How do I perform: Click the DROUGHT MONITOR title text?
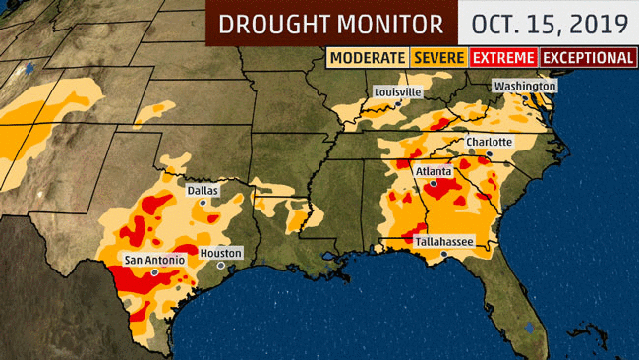330,23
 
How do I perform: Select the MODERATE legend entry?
367,58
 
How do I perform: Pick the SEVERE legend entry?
439,58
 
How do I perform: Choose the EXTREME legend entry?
504,58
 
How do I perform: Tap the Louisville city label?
397,91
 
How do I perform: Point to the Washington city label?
525,86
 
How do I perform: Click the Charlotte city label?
489,142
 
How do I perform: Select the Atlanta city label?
434,170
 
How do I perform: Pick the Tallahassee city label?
439,239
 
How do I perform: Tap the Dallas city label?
203,189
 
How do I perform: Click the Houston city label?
220,253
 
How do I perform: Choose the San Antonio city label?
153,260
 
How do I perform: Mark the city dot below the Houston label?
222,265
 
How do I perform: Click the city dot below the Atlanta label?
434,182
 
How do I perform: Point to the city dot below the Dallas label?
203,201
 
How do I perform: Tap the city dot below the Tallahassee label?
443,253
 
